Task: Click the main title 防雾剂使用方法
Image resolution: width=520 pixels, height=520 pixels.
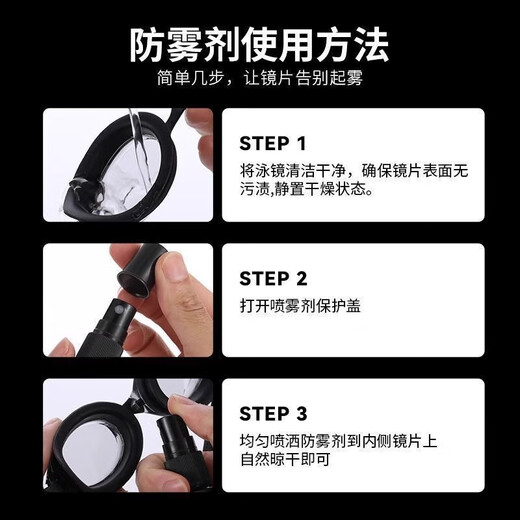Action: click(x=260, y=44)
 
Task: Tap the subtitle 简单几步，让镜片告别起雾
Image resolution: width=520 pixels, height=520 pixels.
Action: click(x=260, y=81)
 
